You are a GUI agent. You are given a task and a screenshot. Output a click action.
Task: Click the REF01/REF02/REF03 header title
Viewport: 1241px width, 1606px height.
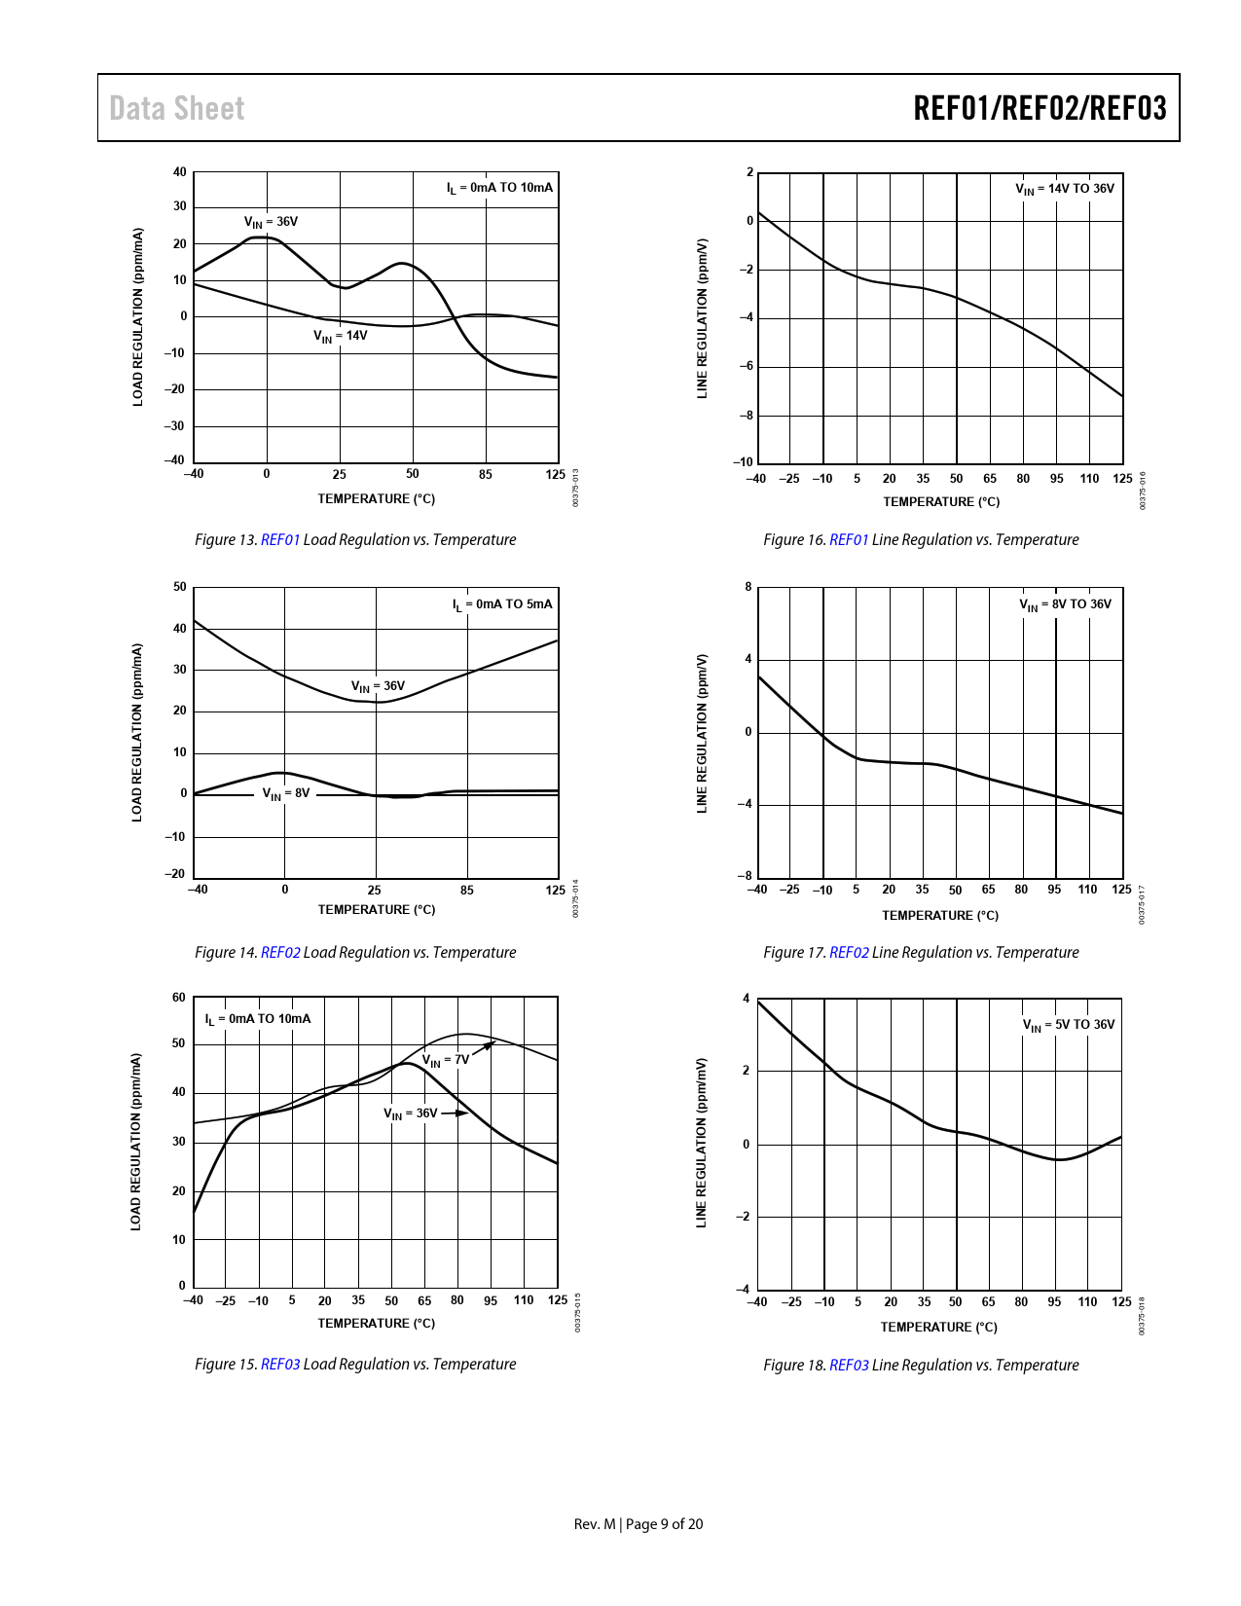[1039, 108]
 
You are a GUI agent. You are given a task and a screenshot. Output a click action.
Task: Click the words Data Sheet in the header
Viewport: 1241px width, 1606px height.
[176, 108]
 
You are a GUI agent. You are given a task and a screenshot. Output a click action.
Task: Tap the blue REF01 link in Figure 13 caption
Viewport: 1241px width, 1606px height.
[280, 540]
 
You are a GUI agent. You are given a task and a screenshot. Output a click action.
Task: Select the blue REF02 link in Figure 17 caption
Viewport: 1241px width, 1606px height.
[849, 953]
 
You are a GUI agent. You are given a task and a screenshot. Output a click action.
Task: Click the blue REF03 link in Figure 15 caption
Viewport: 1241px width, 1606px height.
[280, 1365]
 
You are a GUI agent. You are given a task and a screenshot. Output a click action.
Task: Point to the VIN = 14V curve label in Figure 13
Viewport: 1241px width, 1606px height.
[340, 336]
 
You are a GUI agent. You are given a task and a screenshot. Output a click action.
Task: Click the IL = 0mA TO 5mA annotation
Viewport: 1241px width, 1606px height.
[502, 604]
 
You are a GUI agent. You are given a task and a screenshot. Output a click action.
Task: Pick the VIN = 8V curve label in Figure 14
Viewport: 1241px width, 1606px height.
[285, 794]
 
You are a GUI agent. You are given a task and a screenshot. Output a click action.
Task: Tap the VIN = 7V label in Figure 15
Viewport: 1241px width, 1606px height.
[445, 1060]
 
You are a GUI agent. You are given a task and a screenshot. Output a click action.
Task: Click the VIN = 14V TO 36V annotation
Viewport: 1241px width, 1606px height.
[1065, 189]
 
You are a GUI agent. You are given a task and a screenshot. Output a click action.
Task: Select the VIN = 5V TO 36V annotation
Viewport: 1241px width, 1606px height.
[1068, 1025]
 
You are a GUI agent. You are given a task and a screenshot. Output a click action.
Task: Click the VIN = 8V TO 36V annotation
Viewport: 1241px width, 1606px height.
[1065, 604]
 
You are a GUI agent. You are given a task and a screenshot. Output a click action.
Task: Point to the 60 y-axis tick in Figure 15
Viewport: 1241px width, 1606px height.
[179, 998]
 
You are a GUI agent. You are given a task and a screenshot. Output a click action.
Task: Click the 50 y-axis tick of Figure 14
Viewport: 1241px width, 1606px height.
[180, 587]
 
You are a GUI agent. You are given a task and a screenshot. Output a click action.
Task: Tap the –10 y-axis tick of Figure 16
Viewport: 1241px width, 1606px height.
[744, 462]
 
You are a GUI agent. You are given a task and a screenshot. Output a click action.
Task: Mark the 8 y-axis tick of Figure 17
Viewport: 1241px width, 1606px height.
[748, 587]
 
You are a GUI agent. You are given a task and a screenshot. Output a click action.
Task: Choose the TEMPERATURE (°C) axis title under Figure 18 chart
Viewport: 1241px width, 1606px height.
[938, 1328]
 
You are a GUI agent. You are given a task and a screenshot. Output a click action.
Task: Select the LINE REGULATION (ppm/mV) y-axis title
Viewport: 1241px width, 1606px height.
[702, 1143]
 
